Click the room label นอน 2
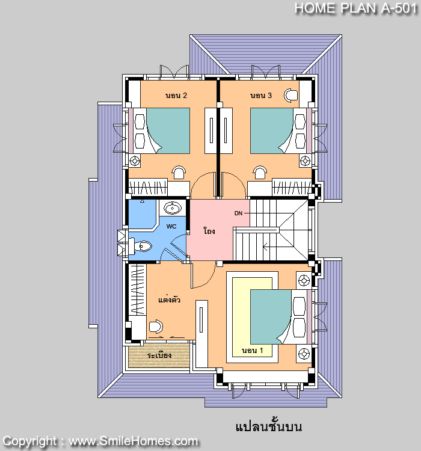(x=176, y=96)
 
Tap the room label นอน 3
(x=260, y=96)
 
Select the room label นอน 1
(x=252, y=351)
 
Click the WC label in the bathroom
(x=171, y=227)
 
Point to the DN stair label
(x=238, y=213)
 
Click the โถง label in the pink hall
(x=209, y=231)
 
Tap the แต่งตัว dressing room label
(x=169, y=299)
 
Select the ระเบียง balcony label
(x=159, y=355)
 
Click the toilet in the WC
(x=140, y=247)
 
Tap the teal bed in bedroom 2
(x=168, y=131)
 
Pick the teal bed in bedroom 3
(x=272, y=131)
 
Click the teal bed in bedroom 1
(x=271, y=317)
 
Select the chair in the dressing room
(x=156, y=327)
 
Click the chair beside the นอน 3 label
(x=291, y=96)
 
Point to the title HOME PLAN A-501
(x=355, y=8)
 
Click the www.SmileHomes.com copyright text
(x=133, y=441)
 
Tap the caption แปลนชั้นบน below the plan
(x=269, y=426)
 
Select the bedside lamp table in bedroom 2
(x=134, y=161)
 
